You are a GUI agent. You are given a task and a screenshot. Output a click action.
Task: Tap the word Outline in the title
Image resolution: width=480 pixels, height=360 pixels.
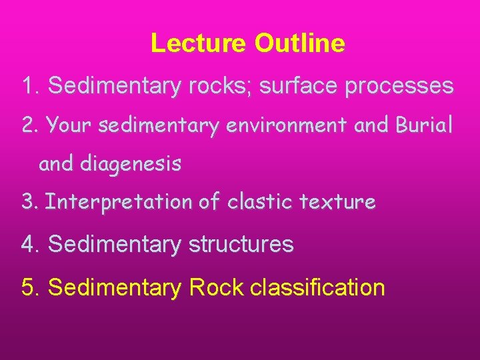point(299,43)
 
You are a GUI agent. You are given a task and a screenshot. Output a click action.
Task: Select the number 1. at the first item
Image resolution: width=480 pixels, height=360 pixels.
point(32,86)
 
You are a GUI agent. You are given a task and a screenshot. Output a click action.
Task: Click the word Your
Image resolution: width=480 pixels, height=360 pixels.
point(71,125)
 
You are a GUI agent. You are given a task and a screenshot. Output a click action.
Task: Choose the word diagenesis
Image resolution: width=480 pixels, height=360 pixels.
point(131,164)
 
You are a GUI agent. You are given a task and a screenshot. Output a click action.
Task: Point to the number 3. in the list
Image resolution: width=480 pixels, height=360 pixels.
point(31,201)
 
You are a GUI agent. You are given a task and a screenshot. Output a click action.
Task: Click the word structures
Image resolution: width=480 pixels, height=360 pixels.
point(241,245)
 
